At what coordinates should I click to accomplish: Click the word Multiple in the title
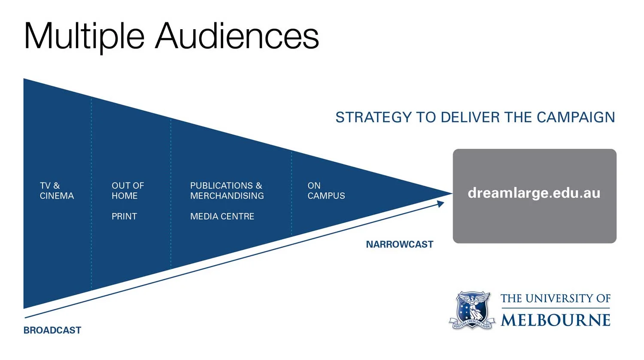coord(84,36)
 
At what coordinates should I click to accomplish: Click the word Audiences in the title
coord(237,36)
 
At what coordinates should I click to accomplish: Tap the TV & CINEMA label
coord(57,191)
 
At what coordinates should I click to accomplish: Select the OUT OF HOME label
coord(128,191)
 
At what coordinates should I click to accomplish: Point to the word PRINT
coord(124,217)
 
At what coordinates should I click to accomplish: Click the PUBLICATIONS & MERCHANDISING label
coord(227,191)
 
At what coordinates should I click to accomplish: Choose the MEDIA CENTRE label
coord(222,217)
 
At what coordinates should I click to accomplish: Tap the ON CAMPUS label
coord(326,191)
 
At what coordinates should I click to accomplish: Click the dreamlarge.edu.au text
coord(534,193)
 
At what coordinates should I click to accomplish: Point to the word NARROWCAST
coord(399,245)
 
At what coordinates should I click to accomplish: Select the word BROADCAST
coord(52,330)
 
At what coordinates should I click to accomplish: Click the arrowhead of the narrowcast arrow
coord(441,204)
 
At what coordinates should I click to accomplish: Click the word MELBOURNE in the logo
coord(555,320)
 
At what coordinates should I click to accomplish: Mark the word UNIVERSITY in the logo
coord(557,298)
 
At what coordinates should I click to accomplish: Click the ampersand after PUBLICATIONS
coord(259,186)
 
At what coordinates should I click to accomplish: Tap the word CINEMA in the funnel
coord(57,196)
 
